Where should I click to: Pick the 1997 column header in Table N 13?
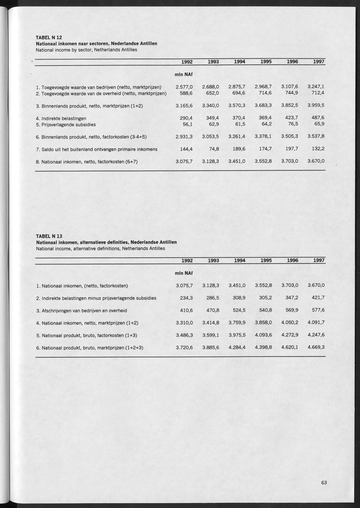[320, 261]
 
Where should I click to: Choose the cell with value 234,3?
[186, 298]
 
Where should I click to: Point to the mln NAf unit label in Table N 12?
[183, 74]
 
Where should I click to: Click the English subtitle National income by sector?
[86, 50]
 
